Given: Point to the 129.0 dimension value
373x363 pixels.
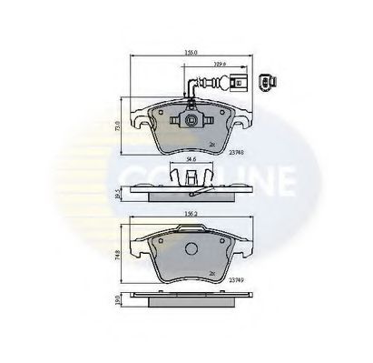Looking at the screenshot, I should click(218, 64).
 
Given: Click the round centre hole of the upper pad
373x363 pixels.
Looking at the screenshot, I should click(191, 121).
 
